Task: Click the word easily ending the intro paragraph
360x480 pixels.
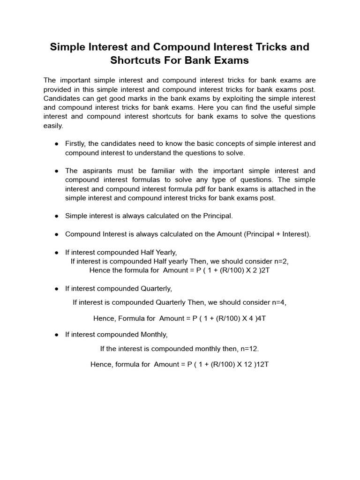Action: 52,126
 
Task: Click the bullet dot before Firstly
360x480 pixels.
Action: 56,144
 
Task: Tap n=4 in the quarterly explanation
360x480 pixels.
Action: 277,302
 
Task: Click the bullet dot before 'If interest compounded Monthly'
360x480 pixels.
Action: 56,335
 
